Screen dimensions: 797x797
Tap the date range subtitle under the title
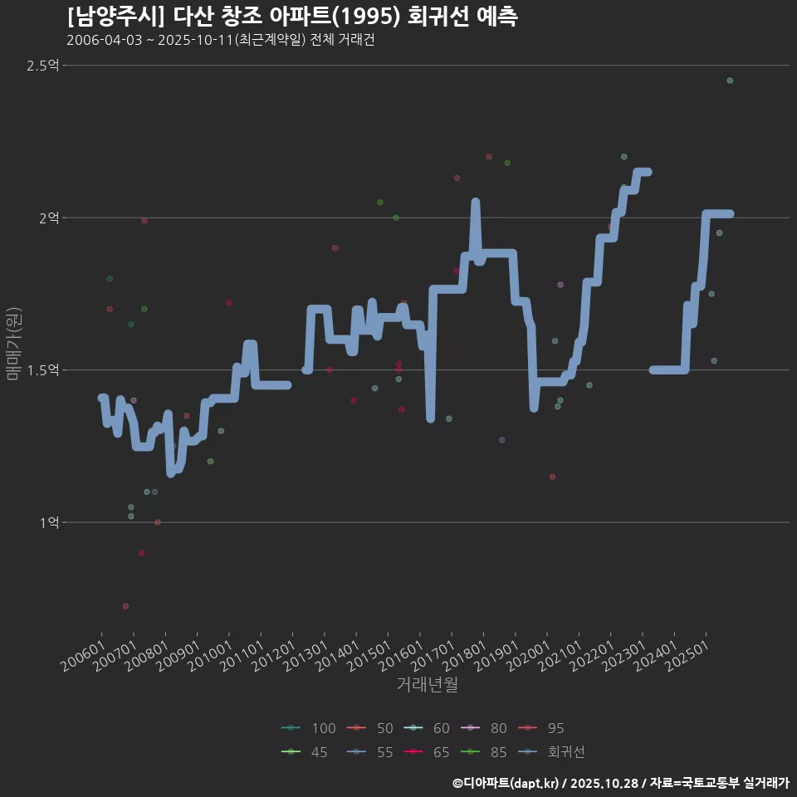click(221, 41)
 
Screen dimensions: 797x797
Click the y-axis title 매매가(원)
click(12, 344)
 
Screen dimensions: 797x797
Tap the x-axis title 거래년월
click(428, 684)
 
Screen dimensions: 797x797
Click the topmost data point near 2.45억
click(730, 81)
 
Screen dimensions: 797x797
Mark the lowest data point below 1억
click(125, 606)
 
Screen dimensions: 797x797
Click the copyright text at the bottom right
click(620, 782)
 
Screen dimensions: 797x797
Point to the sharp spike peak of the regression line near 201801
click(475, 202)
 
